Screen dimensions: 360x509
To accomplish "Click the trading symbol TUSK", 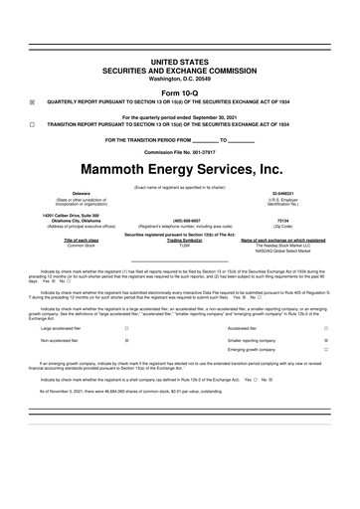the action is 179,245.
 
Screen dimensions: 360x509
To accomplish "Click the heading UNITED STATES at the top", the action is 179,62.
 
